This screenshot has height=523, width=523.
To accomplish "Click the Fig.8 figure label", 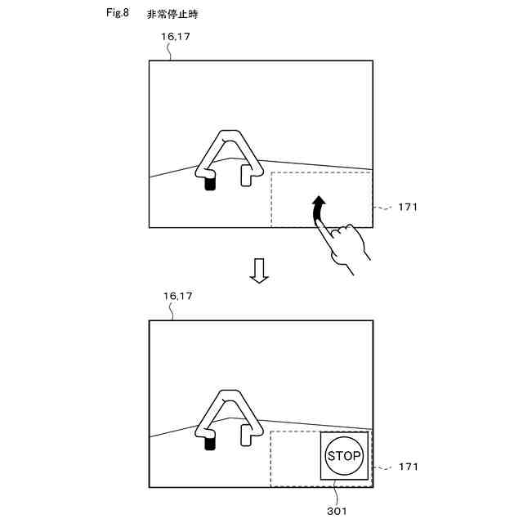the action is pos(118,14).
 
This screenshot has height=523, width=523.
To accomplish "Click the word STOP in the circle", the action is pos(344,456).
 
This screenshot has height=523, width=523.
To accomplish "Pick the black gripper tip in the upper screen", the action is pos(210,184).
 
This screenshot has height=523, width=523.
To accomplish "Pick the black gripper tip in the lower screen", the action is pos(210,444).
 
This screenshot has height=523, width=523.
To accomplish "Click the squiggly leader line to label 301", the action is pos(337,495).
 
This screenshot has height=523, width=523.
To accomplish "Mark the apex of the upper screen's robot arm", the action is pos(227,132).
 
